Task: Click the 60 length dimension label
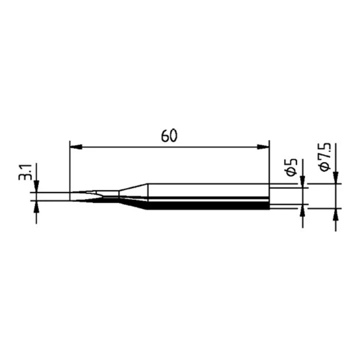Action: (169, 135)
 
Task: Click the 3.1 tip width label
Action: (25, 172)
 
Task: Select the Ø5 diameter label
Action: (292, 167)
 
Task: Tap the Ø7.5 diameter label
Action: (324, 157)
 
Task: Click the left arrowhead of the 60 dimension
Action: (76, 147)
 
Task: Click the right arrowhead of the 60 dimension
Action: (263, 147)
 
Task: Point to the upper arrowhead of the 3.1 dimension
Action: (36, 186)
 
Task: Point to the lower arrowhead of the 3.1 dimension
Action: (36, 207)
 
